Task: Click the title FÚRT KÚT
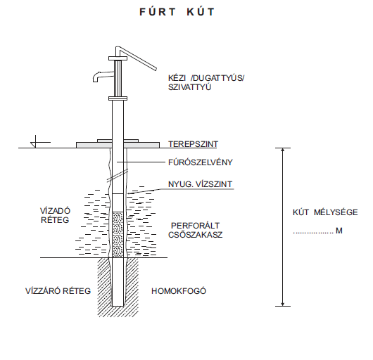(x=177, y=12)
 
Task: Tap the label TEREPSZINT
(x=193, y=144)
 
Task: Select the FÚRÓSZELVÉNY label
(x=201, y=162)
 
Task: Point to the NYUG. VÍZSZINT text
(x=200, y=184)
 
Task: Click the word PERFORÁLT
(x=196, y=225)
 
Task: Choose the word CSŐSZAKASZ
(x=196, y=235)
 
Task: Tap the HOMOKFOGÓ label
(x=179, y=291)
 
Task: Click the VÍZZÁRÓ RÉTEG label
(x=58, y=291)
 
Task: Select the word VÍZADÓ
(x=55, y=211)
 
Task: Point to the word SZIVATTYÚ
(x=189, y=87)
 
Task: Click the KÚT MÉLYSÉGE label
(x=325, y=212)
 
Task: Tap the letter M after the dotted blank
(x=339, y=231)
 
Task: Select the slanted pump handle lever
(x=136, y=58)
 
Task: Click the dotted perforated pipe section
(x=118, y=235)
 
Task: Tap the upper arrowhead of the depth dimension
(x=283, y=150)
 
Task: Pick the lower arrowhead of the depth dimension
(x=283, y=304)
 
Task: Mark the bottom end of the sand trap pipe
(x=118, y=306)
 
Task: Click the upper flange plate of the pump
(x=118, y=58)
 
